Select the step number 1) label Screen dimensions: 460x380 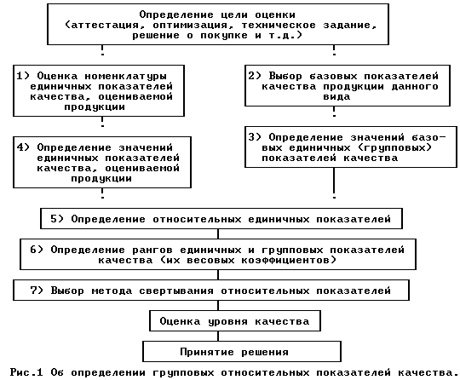click(23, 76)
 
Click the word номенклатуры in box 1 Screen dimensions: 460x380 click(125, 77)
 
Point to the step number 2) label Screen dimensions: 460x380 click(255, 76)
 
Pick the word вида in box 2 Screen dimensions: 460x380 click(336, 97)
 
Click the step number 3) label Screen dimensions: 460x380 click(255, 137)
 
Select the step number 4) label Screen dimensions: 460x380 click(23, 147)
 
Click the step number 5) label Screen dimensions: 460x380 click(57, 219)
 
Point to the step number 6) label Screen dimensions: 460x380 click(37, 250)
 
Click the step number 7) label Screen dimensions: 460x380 click(37, 291)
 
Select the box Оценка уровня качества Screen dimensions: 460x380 click(235, 320)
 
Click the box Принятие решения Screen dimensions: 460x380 click(242, 351)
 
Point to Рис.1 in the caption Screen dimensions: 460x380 click(26, 372)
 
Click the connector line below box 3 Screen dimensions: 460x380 click(334, 183)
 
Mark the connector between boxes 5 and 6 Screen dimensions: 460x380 click(218, 233)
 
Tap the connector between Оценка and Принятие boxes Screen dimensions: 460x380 click(218, 336)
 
